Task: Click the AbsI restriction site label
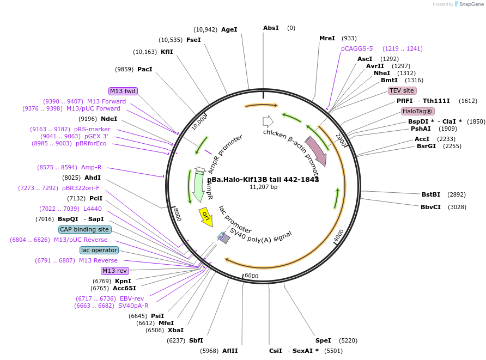click(271, 28)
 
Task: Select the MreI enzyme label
click(327, 38)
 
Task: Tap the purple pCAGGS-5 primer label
click(357, 48)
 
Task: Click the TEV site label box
click(402, 90)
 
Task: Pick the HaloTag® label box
click(418, 111)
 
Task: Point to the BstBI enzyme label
click(430, 194)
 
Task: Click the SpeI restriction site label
click(323, 340)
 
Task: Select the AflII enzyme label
click(230, 351)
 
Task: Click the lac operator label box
click(99, 250)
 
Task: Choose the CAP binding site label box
click(84, 230)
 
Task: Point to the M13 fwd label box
click(123, 91)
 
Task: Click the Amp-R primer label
click(91, 167)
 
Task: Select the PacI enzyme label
click(145, 69)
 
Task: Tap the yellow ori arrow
click(206, 217)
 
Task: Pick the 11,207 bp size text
click(263, 187)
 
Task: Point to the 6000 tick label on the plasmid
click(251, 276)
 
